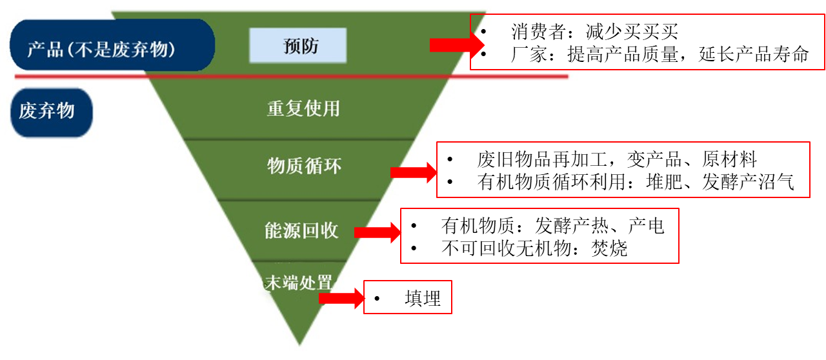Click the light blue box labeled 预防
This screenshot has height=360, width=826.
(x=298, y=46)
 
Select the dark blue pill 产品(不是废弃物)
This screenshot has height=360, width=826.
(x=111, y=46)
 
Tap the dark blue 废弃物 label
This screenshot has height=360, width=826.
(x=52, y=112)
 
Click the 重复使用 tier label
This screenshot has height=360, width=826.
(x=303, y=108)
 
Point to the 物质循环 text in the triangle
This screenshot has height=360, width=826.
(x=303, y=166)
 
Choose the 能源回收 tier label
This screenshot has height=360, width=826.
(x=301, y=231)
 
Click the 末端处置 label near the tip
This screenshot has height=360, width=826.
(x=299, y=282)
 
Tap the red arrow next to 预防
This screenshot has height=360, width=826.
(x=455, y=45)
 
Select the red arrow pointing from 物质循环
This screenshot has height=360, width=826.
(x=413, y=172)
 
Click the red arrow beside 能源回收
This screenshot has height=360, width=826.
(x=378, y=233)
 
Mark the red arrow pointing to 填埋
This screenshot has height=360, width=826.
(x=341, y=298)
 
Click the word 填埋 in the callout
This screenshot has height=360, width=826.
(x=423, y=298)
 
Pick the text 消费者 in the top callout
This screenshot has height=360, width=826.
(x=539, y=32)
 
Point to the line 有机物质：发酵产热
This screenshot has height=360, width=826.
(x=523, y=226)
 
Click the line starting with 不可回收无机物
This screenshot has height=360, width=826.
(x=523, y=249)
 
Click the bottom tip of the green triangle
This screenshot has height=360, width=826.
(x=299, y=341)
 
